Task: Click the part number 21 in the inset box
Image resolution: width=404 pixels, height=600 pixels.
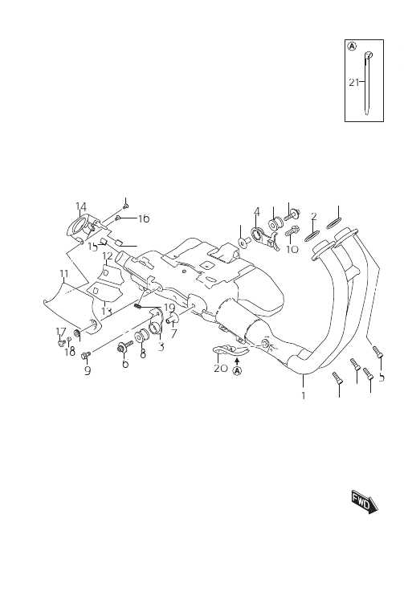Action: pyautogui.click(x=353, y=82)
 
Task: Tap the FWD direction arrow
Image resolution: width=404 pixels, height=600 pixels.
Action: pyautogui.click(x=365, y=501)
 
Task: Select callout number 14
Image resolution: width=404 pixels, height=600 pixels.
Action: pyautogui.click(x=81, y=206)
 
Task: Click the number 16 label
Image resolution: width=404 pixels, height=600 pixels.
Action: pyautogui.click(x=144, y=219)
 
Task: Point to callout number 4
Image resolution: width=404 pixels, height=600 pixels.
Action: pyautogui.click(x=257, y=211)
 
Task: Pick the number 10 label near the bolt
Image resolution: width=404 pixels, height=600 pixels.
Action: pyautogui.click(x=292, y=249)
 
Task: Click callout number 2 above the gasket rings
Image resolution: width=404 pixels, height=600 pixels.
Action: pyautogui.click(x=314, y=217)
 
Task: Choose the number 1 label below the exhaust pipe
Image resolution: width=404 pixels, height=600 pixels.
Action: pyautogui.click(x=304, y=395)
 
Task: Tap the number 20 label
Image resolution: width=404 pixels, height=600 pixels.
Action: pyautogui.click(x=221, y=369)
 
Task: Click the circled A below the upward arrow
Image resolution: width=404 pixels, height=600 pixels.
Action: pyautogui.click(x=237, y=371)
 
